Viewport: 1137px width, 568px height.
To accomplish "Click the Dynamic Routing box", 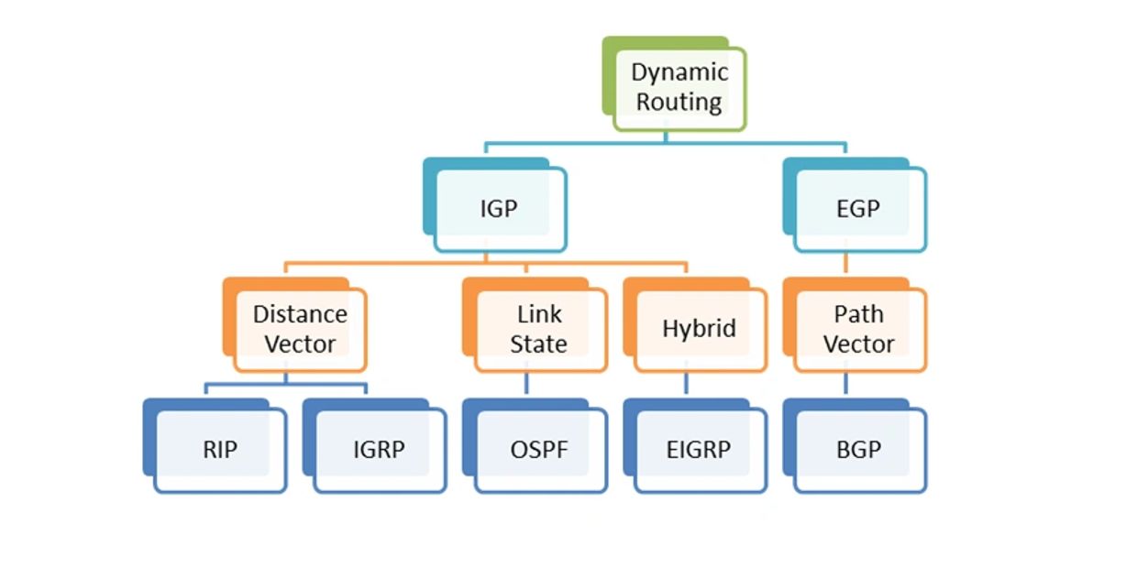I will (x=679, y=87).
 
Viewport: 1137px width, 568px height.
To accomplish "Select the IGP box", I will (x=499, y=209).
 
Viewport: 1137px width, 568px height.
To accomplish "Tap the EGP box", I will (x=858, y=209).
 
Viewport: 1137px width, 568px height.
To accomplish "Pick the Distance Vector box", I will (x=300, y=329).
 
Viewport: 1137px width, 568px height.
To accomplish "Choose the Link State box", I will (x=539, y=329).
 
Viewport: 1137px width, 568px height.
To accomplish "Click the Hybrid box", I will (x=699, y=329).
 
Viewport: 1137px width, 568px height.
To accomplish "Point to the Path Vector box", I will (x=858, y=329).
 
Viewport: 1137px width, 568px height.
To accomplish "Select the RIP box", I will (x=220, y=450).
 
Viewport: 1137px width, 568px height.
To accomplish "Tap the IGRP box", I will (x=379, y=450).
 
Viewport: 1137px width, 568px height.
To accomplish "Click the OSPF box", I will (x=539, y=450).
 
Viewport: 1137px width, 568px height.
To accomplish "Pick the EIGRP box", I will (x=699, y=450).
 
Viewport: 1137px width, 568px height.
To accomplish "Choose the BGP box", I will (x=858, y=450).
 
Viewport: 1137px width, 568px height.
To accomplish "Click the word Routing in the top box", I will (x=679, y=102).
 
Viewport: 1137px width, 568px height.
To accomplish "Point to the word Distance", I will (x=300, y=314).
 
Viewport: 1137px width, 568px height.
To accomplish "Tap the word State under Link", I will (x=539, y=344).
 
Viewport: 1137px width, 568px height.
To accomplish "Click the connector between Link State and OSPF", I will (x=526, y=384).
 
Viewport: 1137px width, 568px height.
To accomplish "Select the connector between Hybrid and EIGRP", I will (x=686, y=384).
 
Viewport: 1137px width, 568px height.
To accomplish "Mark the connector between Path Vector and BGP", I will (x=845, y=384).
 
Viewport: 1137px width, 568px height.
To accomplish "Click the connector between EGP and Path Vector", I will (x=845, y=264).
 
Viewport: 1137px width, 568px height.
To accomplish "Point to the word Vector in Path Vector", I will (x=858, y=344).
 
